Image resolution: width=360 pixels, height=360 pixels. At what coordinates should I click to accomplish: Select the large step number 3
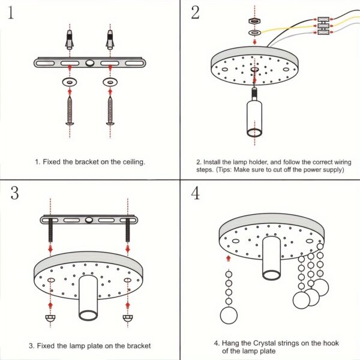(x=15, y=193)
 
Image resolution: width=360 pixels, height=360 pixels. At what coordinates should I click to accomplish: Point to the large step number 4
(x=196, y=193)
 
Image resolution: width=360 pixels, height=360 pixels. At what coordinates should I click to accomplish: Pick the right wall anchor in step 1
(x=110, y=41)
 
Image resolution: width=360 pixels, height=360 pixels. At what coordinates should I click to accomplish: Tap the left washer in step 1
(x=70, y=80)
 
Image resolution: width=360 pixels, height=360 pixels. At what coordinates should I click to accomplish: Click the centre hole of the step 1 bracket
(x=89, y=62)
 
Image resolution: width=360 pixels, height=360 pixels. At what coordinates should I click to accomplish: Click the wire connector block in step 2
(x=325, y=25)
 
